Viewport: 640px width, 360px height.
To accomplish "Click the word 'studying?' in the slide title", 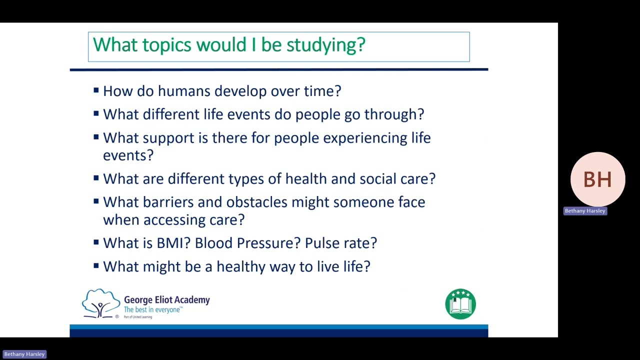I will pyautogui.click(x=325, y=45).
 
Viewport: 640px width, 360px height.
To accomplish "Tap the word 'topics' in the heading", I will pyautogui.click(x=167, y=45).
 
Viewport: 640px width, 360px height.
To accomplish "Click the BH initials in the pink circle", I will pyautogui.click(x=597, y=179).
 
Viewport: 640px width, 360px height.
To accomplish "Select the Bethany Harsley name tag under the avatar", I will pyautogui.click(x=585, y=211).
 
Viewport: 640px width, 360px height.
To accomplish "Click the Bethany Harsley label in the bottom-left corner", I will pyautogui.click(x=24, y=354).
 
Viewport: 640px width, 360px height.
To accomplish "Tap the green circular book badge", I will pyautogui.click(x=460, y=304).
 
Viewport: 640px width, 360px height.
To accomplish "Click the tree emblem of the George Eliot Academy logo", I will pyautogui.click(x=101, y=303).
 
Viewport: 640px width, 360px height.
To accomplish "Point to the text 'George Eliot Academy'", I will pyautogui.click(x=166, y=300).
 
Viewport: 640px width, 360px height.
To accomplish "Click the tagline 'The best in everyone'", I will pyautogui.click(x=152, y=310).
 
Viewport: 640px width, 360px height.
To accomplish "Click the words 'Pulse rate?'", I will pyautogui.click(x=340, y=243).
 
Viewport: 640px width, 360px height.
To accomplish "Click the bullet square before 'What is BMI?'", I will pyautogui.click(x=96, y=242).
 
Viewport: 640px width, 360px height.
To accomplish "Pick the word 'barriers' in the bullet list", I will pyautogui.click(x=168, y=202).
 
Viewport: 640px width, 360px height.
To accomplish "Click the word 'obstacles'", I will pyautogui.click(x=257, y=202).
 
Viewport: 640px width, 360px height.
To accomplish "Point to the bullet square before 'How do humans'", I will pyautogui.click(x=96, y=90).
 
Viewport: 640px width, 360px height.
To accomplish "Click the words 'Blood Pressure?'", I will pyautogui.click(x=247, y=243).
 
